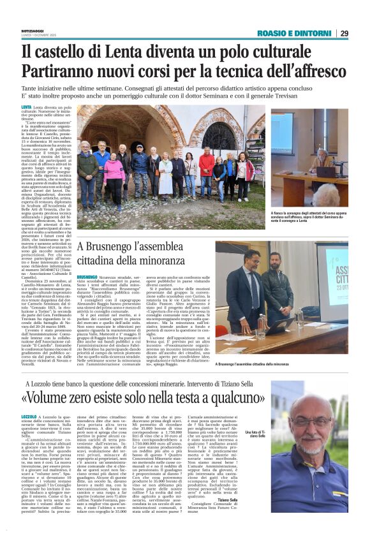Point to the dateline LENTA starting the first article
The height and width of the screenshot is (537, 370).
[26, 108]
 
